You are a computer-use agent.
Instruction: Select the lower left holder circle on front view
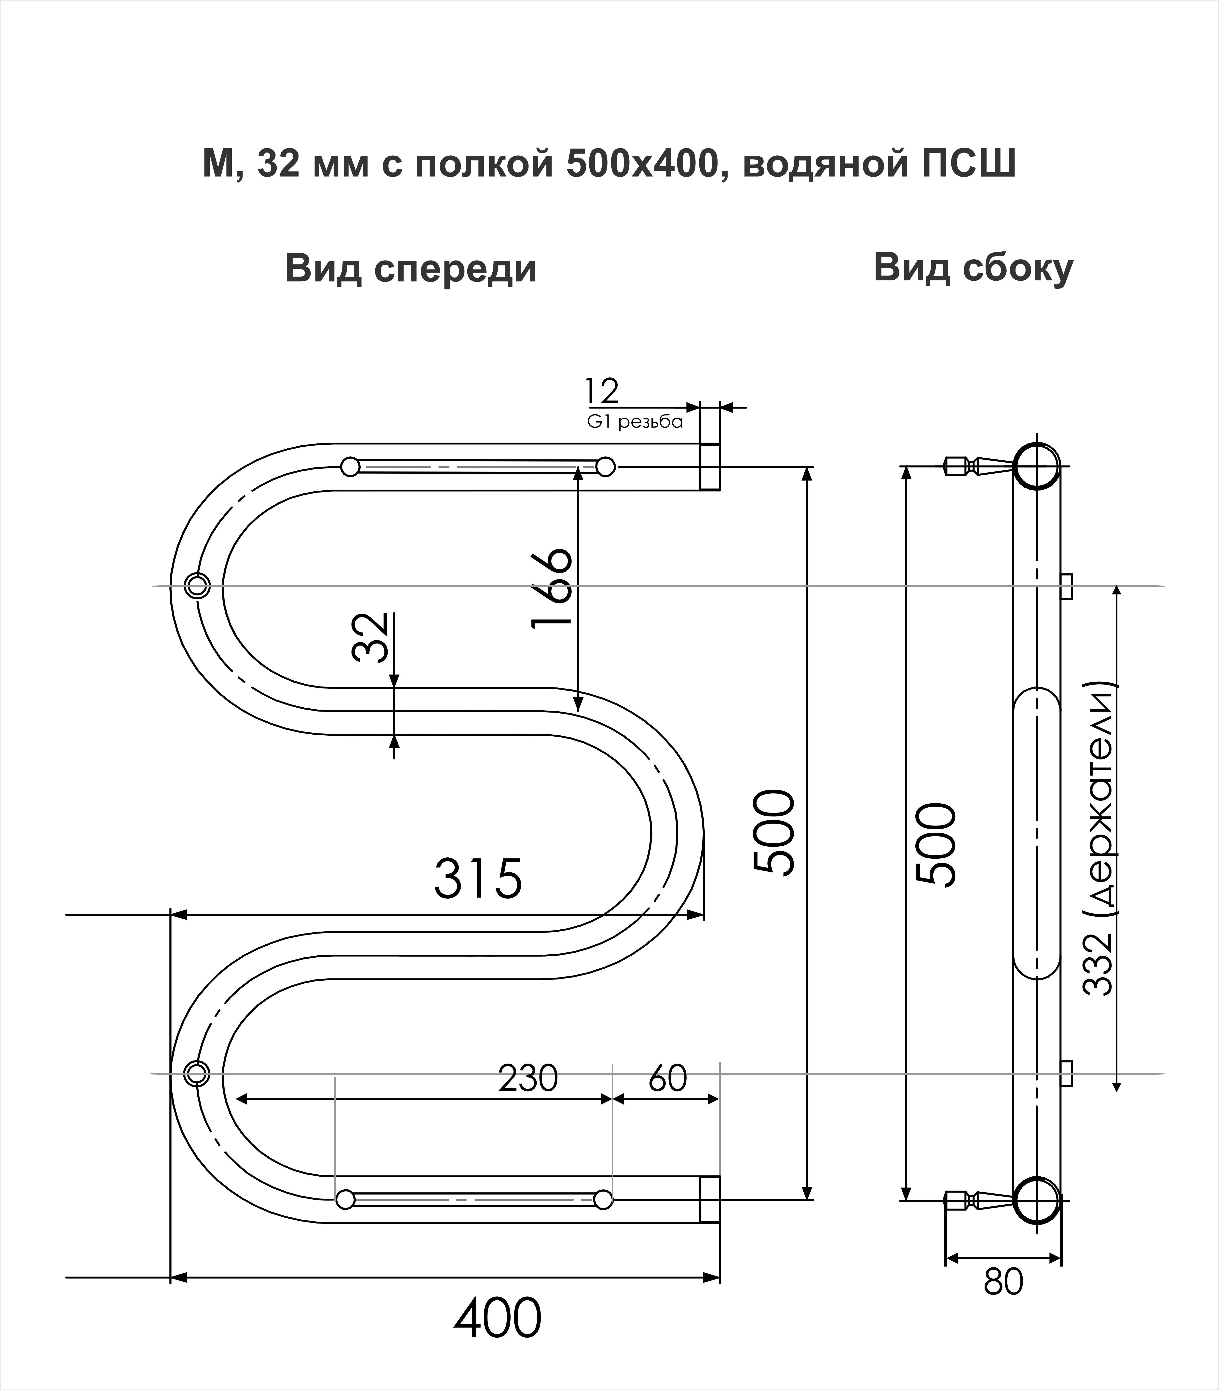click(x=197, y=1073)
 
